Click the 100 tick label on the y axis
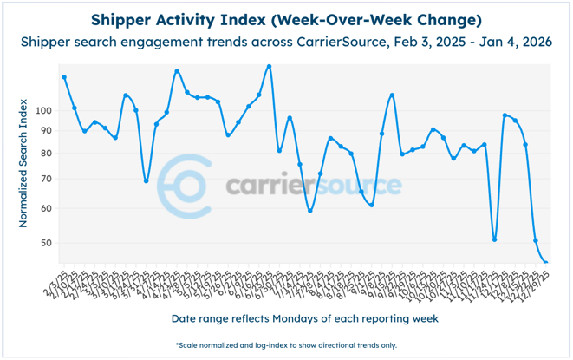click(x=43, y=110)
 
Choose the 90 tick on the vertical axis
click(x=46, y=130)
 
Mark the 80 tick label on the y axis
click(x=46, y=153)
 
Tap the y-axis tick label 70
click(x=46, y=178)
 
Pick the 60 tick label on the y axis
click(x=46, y=208)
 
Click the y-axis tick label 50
click(x=46, y=243)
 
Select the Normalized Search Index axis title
click(x=23, y=160)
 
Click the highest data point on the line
click(x=269, y=66)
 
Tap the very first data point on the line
click(x=64, y=77)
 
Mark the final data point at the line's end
click(x=546, y=262)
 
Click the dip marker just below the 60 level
click(x=309, y=211)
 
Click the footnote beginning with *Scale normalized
click(x=287, y=344)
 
